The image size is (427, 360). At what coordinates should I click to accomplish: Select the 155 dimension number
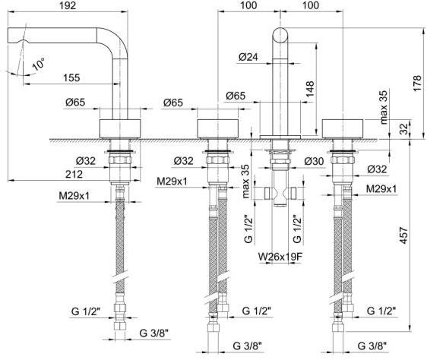coord(72,77)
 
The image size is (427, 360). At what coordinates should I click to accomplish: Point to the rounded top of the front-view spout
coord(280,35)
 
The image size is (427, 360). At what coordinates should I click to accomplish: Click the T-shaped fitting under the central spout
coord(279,193)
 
